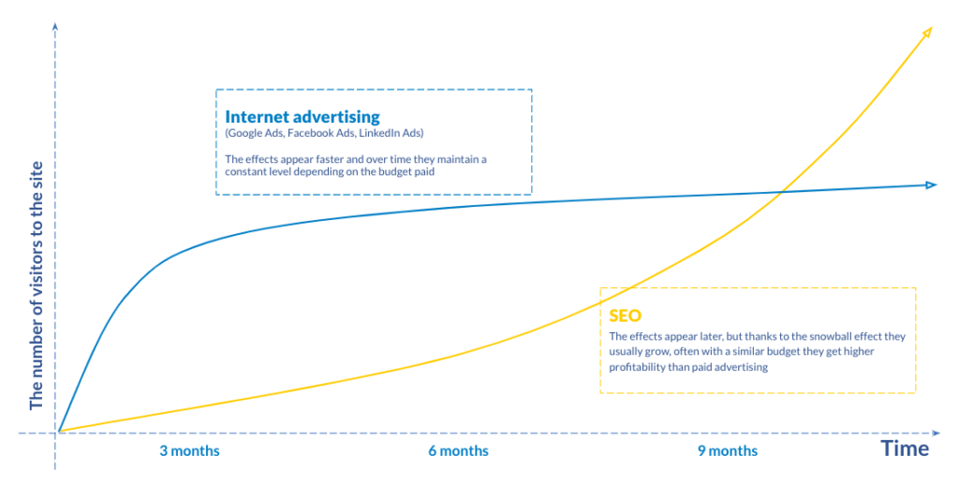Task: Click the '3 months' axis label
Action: click(189, 451)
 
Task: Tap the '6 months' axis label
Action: click(459, 451)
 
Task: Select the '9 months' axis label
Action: click(728, 451)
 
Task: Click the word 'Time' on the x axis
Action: click(906, 448)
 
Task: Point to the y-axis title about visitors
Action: click(37, 285)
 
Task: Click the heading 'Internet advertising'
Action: click(302, 117)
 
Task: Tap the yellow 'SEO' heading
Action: click(625, 315)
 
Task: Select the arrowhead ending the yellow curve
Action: click(927, 32)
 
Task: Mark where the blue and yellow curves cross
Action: click(782, 193)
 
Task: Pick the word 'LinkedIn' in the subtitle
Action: click(380, 133)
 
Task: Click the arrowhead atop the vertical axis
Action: click(55, 26)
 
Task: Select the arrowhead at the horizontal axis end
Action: click(936, 432)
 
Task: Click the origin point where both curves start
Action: click(59, 432)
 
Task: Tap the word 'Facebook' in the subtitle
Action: click(311, 133)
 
